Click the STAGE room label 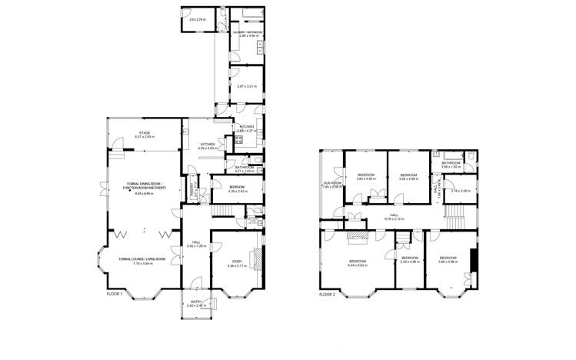(x=145, y=133)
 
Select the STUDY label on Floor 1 (x=235, y=261)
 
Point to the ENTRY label (x=195, y=302)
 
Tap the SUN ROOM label (x=331, y=183)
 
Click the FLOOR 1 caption (x=114, y=294)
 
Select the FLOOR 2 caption (x=328, y=294)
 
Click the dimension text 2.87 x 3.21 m (x=246, y=86)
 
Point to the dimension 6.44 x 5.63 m (x=357, y=265)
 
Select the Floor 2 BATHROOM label (x=451, y=163)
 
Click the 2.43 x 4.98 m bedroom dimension (x=409, y=262)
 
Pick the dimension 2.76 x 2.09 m (x=460, y=191)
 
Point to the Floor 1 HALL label (x=196, y=242)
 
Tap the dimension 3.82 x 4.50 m (x=365, y=178)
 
